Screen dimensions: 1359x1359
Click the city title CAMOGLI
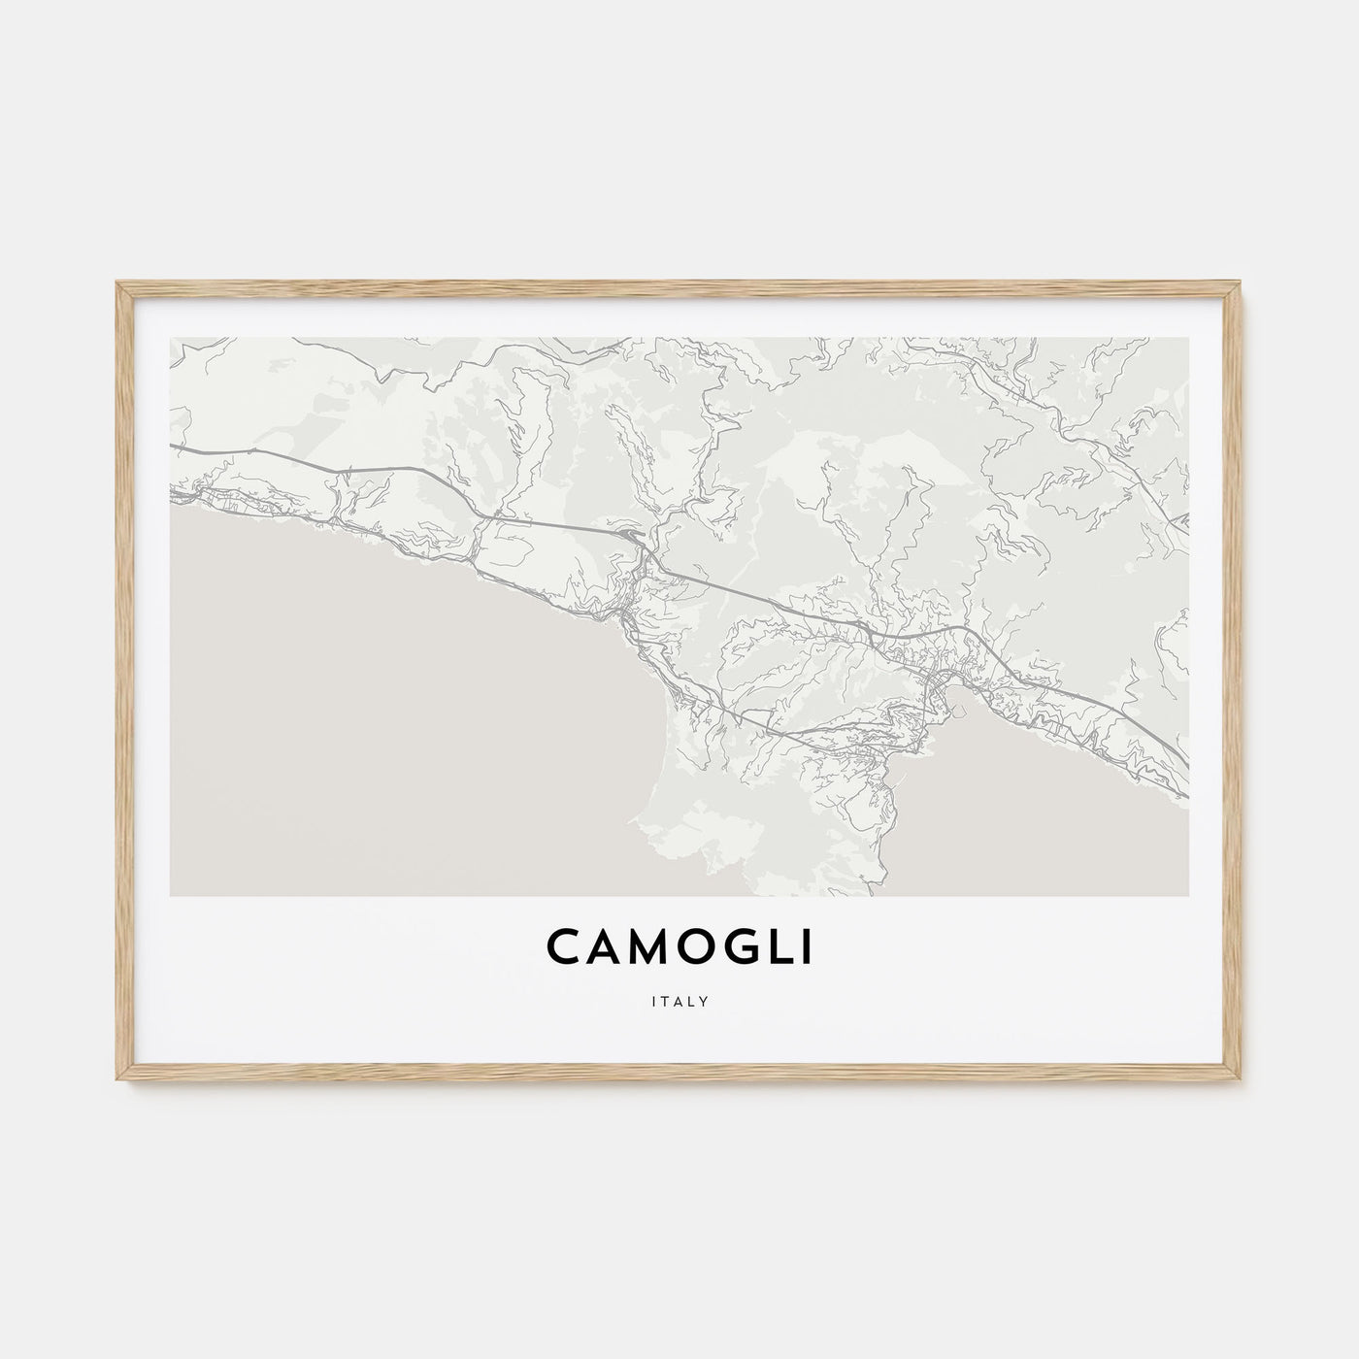click(679, 948)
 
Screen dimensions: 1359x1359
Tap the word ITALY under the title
click(679, 998)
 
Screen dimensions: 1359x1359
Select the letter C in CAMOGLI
click(565, 948)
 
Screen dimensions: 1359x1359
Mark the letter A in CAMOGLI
click(604, 948)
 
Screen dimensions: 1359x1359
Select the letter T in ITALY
click(666, 998)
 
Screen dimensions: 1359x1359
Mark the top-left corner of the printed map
click(170, 338)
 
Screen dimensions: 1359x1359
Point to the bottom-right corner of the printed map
click(1188, 895)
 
